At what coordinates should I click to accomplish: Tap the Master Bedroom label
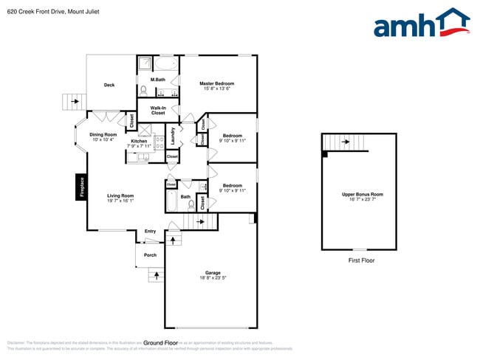[216, 83]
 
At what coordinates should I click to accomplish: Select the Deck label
[109, 85]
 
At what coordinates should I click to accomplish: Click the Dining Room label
[103, 134]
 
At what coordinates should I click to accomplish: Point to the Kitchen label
[139, 141]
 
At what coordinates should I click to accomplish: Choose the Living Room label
[119, 195]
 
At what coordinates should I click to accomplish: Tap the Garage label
[213, 273]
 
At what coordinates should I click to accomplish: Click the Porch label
[150, 255]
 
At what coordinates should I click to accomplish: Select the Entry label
[150, 232]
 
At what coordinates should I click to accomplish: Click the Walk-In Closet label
[158, 110]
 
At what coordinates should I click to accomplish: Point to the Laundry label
[173, 136]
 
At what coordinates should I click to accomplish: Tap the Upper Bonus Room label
[363, 195]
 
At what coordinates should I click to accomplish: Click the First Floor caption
[363, 260]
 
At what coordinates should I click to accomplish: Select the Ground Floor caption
[161, 343]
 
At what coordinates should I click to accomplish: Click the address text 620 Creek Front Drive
[37, 12]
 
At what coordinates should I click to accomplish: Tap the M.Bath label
[157, 80]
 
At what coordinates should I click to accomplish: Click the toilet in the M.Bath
[144, 91]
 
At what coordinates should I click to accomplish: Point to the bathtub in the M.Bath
[166, 63]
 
